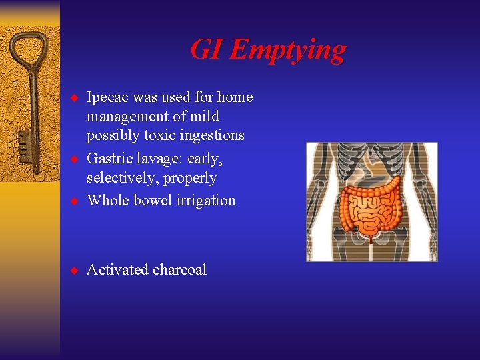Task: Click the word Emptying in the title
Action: point(288,50)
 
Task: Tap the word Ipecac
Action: point(108,97)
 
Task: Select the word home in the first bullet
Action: point(235,97)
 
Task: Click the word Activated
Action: point(118,270)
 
